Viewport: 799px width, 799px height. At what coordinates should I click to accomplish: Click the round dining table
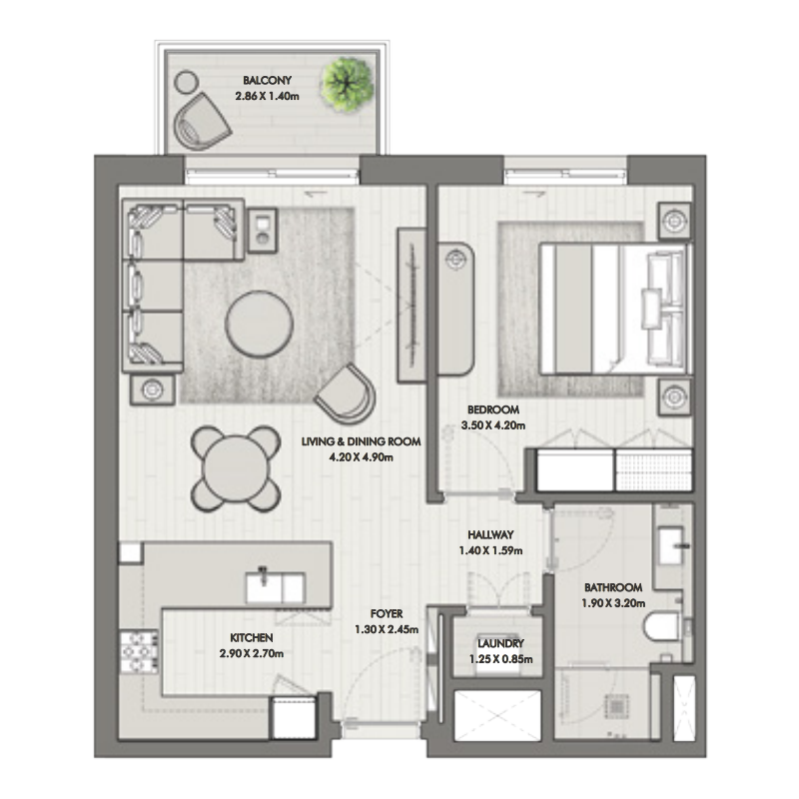click(236, 465)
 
